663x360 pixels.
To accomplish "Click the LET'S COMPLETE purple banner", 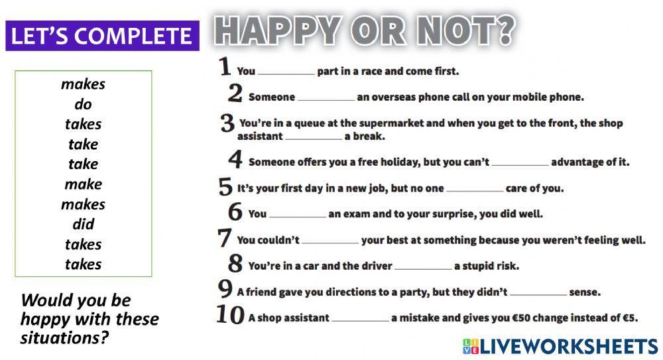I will point(102,35).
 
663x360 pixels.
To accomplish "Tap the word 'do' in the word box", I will point(83,104).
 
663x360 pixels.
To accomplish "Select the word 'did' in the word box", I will point(83,224).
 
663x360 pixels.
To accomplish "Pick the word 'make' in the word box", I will point(83,184).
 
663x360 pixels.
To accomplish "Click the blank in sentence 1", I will point(286,72).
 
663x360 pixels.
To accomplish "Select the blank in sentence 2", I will point(326,97).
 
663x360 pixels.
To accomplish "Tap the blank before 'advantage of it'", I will point(520,162).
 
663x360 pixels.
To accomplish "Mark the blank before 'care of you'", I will point(475,189).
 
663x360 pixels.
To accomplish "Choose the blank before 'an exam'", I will point(298,214).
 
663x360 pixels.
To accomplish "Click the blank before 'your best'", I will point(330,241).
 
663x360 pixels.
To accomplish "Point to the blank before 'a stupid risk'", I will point(423,267).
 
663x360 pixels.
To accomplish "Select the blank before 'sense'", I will point(539,292).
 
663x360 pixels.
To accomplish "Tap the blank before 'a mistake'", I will point(360,318).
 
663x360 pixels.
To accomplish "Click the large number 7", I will point(225,238).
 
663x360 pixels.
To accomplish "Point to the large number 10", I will point(231,316).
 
